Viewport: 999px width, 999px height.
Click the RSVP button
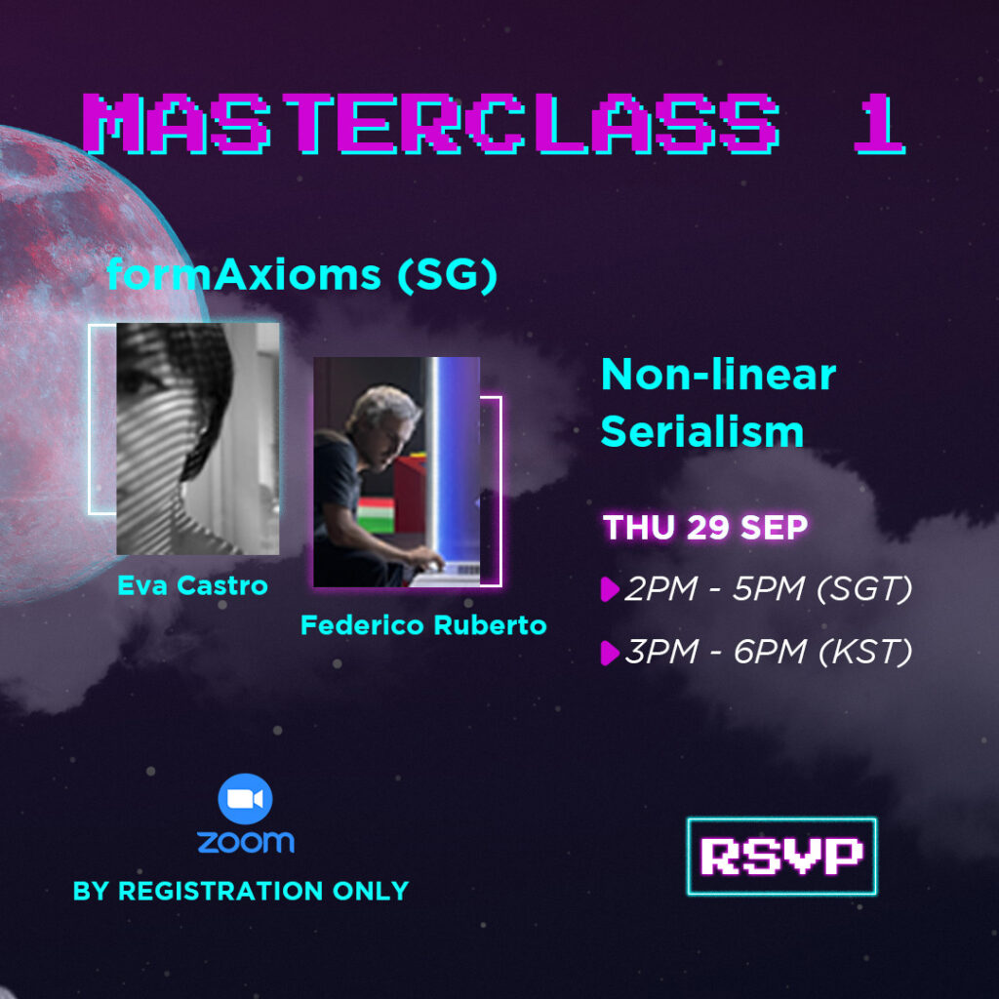tap(781, 857)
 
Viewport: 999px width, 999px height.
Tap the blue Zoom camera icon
tap(245, 798)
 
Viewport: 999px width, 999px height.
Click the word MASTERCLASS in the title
tap(431, 124)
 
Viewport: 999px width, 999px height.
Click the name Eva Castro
tap(192, 585)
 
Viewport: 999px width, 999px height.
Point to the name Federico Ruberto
tap(423, 625)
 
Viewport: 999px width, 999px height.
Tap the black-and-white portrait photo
tap(197, 438)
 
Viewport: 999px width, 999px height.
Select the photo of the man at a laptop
tap(396, 471)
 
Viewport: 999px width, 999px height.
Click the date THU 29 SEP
tap(705, 528)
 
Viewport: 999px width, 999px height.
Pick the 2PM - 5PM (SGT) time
tap(769, 588)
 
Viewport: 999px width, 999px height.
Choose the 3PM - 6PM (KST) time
tap(769, 651)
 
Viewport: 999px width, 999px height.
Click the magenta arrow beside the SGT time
tap(610, 588)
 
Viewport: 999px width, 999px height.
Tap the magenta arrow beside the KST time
tap(610, 653)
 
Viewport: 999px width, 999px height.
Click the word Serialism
tap(702, 432)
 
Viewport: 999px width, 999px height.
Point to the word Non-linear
tap(719, 376)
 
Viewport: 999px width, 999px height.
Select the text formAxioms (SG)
tap(302, 275)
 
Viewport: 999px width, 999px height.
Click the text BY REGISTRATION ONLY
tap(241, 891)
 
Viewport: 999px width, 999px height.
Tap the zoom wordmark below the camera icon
tap(246, 842)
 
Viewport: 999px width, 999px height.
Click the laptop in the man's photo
tap(446, 574)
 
